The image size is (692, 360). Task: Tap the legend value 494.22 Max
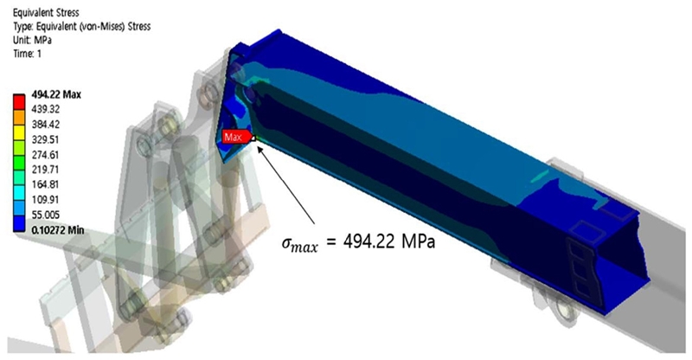pos(56,94)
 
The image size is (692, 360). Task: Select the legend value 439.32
pos(46,109)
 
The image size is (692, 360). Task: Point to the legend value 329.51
pos(46,139)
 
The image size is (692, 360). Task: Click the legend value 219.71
pos(46,170)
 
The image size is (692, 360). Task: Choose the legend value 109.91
pos(46,200)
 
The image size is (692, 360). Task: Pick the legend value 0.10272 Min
pos(58,230)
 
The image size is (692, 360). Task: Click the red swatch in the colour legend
pos(19,101)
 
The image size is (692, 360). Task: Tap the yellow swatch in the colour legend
pos(19,132)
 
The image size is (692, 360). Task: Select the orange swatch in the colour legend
pos(19,117)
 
